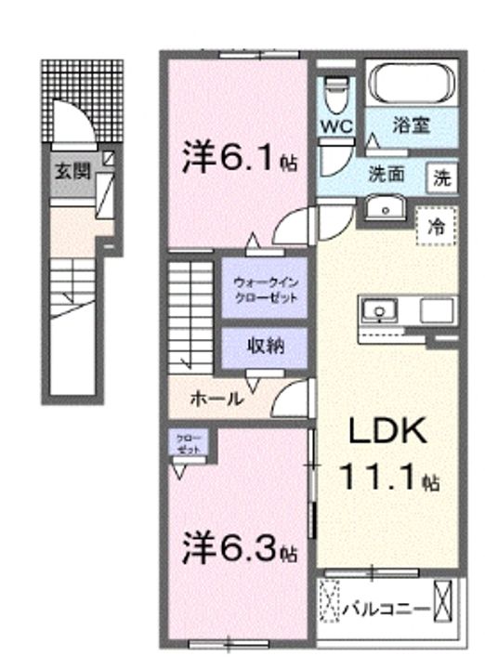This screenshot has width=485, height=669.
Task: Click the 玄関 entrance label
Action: click(66, 171)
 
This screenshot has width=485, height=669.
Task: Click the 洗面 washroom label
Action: click(387, 173)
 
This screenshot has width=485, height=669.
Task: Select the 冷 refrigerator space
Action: click(435, 225)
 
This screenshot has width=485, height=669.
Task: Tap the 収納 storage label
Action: click(265, 346)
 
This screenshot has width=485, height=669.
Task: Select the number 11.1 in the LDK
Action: click(381, 480)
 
